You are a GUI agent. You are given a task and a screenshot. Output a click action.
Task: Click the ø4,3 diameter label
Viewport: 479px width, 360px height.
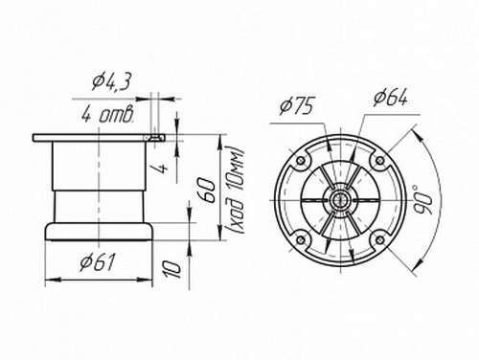tap(111, 82)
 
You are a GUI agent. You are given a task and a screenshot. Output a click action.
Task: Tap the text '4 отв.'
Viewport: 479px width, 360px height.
tap(107, 115)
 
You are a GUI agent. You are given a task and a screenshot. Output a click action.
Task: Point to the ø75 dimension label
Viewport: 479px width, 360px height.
tap(296, 105)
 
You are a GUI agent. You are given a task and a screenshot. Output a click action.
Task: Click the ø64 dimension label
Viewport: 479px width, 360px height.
tap(390, 97)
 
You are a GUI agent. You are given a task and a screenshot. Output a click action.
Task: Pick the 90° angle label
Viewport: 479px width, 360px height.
tap(423, 200)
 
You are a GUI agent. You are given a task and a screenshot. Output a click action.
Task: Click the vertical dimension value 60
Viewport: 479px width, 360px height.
tap(207, 191)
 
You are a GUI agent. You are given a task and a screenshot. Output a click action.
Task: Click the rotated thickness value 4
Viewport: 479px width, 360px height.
tap(162, 168)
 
